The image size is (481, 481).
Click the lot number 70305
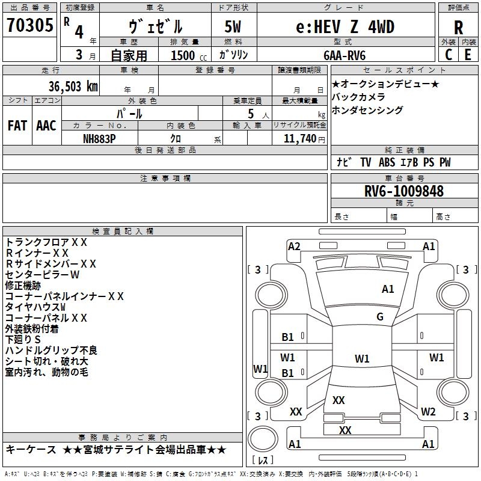click(29, 25)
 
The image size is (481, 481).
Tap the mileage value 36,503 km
click(73, 87)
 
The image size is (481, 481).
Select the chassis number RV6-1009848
click(404, 191)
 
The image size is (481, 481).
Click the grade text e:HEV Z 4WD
click(345, 27)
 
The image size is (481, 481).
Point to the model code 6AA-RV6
click(345, 55)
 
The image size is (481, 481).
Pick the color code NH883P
click(99, 139)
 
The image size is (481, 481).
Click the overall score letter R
click(458, 28)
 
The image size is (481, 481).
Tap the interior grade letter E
click(468, 55)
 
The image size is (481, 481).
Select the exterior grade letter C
click(449, 55)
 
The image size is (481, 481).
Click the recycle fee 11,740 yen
click(304, 139)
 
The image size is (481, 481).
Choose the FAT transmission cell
click(17, 126)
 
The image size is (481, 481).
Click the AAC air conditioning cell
click(46, 126)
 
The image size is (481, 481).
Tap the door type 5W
click(233, 26)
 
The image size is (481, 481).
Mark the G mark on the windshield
click(380, 317)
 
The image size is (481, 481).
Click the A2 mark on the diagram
click(294, 247)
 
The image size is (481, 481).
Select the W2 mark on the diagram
click(428, 412)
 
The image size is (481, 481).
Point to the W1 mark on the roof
click(362, 358)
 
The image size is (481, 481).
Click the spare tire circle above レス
click(263, 439)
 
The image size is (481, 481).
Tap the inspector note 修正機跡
click(23, 286)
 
